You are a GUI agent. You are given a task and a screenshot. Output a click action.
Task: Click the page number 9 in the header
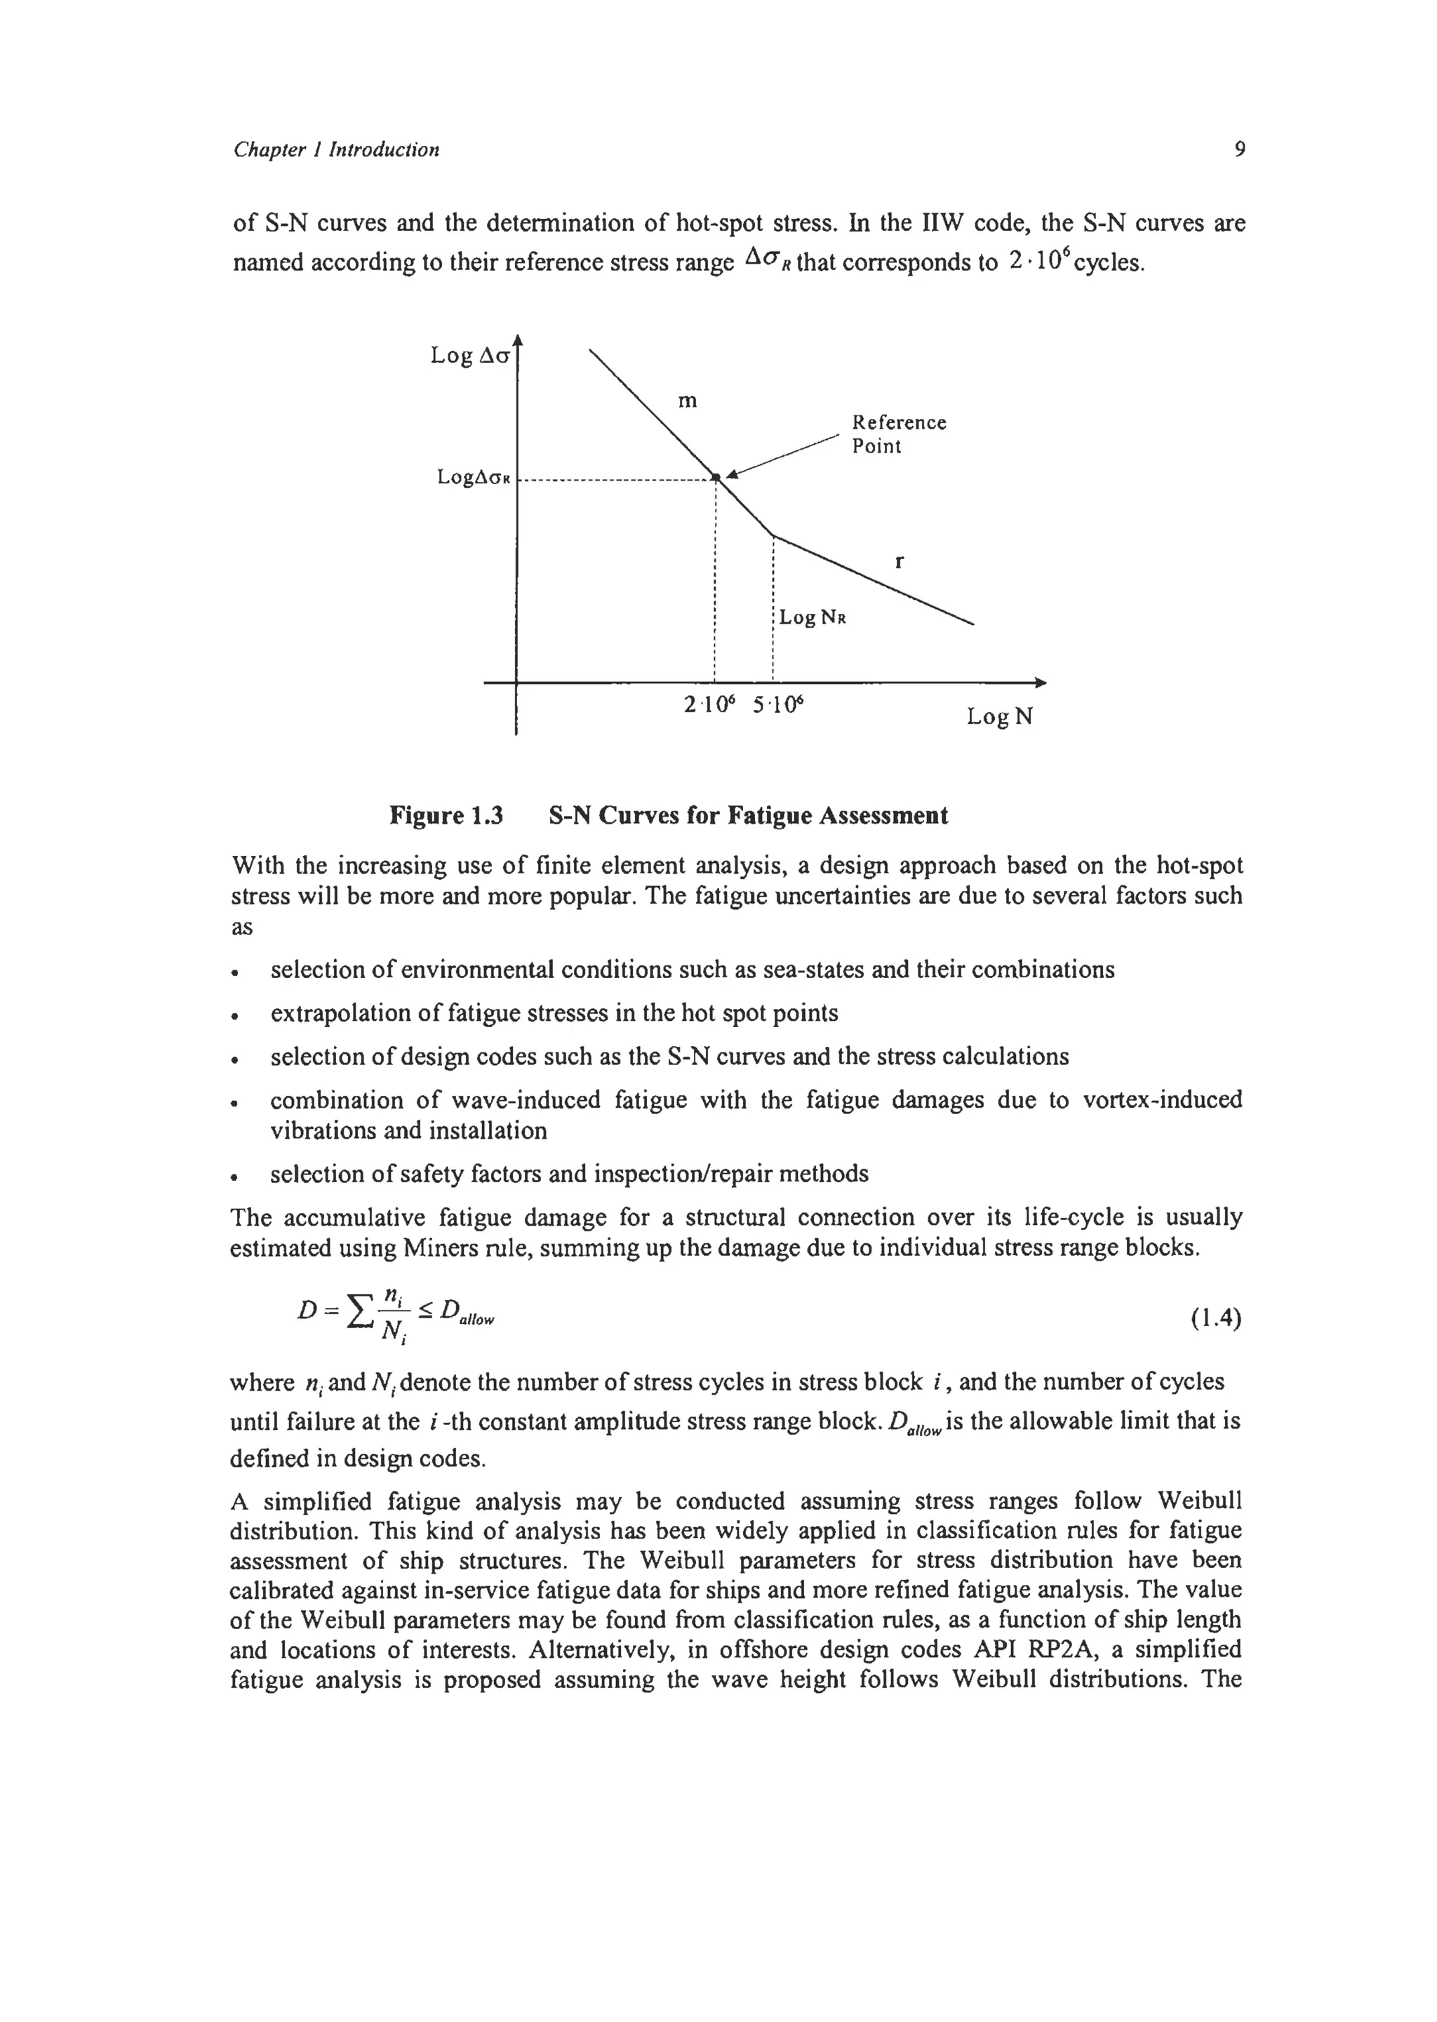point(1239,149)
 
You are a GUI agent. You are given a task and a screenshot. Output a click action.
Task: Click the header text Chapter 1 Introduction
point(336,149)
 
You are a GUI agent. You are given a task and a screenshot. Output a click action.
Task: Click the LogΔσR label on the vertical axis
point(474,478)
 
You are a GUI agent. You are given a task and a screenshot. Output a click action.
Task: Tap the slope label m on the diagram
point(688,401)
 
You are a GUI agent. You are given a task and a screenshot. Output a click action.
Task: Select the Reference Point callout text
point(898,434)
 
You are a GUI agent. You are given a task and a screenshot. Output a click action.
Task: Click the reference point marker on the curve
point(716,478)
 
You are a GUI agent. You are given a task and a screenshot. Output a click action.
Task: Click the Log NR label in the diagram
point(813,617)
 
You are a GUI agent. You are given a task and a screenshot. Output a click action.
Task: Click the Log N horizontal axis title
point(999,716)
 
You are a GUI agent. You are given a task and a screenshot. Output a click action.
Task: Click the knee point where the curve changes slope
point(773,535)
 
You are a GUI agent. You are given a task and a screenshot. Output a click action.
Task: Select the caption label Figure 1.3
point(446,815)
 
